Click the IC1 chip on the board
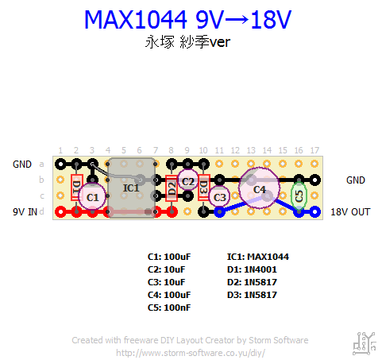pos(131,188)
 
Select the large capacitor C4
pos(259,188)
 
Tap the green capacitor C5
pos(299,196)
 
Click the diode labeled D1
pos(77,188)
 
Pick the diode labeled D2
pos(172,188)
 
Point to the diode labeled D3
pos(204,188)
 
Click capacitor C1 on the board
pos(92,196)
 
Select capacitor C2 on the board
pos(187,180)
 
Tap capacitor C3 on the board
pos(219,196)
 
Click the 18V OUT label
pos(350,212)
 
